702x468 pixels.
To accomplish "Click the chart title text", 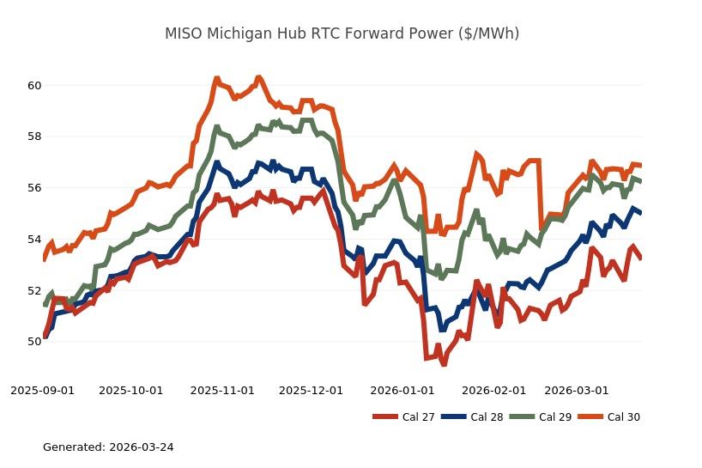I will coord(342,33).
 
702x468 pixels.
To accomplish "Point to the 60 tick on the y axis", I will coord(34,86).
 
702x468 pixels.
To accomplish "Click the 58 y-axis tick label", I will coord(34,137).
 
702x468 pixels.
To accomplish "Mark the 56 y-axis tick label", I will coord(34,188).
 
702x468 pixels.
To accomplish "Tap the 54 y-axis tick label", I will coord(34,239).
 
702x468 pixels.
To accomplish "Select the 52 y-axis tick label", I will coord(34,290).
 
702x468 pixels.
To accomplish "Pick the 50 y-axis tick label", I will coord(34,342).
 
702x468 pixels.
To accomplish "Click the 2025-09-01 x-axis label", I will coord(42,390).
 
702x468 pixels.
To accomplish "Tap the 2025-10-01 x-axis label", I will coord(131,390).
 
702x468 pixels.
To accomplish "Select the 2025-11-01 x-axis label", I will coord(222,390).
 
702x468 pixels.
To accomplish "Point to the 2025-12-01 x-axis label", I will coord(312,390).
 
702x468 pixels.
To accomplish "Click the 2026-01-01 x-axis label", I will coord(402,390).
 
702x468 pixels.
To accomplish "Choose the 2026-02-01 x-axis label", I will coord(493,390).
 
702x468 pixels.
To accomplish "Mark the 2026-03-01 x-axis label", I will coord(577,390).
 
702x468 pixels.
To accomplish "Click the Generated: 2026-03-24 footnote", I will coord(108,447).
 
